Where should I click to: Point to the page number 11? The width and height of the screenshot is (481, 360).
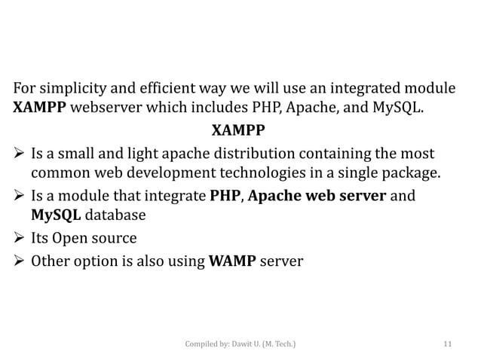(x=448, y=344)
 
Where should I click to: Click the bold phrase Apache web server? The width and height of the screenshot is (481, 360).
(x=317, y=197)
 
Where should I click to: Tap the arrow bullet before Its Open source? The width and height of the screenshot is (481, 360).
(x=19, y=239)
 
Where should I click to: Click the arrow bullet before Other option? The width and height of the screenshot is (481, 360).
(x=19, y=261)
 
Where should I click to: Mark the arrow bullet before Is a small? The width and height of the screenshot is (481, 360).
(x=19, y=156)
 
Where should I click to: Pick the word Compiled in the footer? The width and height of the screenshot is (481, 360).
(x=204, y=344)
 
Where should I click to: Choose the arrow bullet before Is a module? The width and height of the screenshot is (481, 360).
(x=19, y=197)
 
